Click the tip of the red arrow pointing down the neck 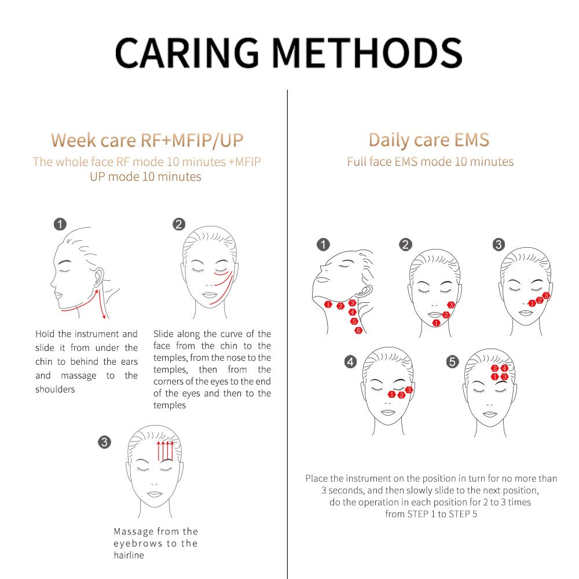104,318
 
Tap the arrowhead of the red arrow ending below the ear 97,290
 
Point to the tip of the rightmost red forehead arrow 172,441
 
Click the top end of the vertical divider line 287,90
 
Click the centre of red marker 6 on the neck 358,331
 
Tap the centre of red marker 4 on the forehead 504,368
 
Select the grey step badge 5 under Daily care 452,361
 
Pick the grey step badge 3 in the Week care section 104,442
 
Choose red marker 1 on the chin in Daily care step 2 436,323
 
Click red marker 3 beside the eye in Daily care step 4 409,390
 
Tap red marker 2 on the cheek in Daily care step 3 540,300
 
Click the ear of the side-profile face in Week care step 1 98,277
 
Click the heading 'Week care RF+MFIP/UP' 147,140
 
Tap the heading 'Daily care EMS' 429,140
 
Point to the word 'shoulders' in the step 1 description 55,389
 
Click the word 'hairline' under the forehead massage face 129,555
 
